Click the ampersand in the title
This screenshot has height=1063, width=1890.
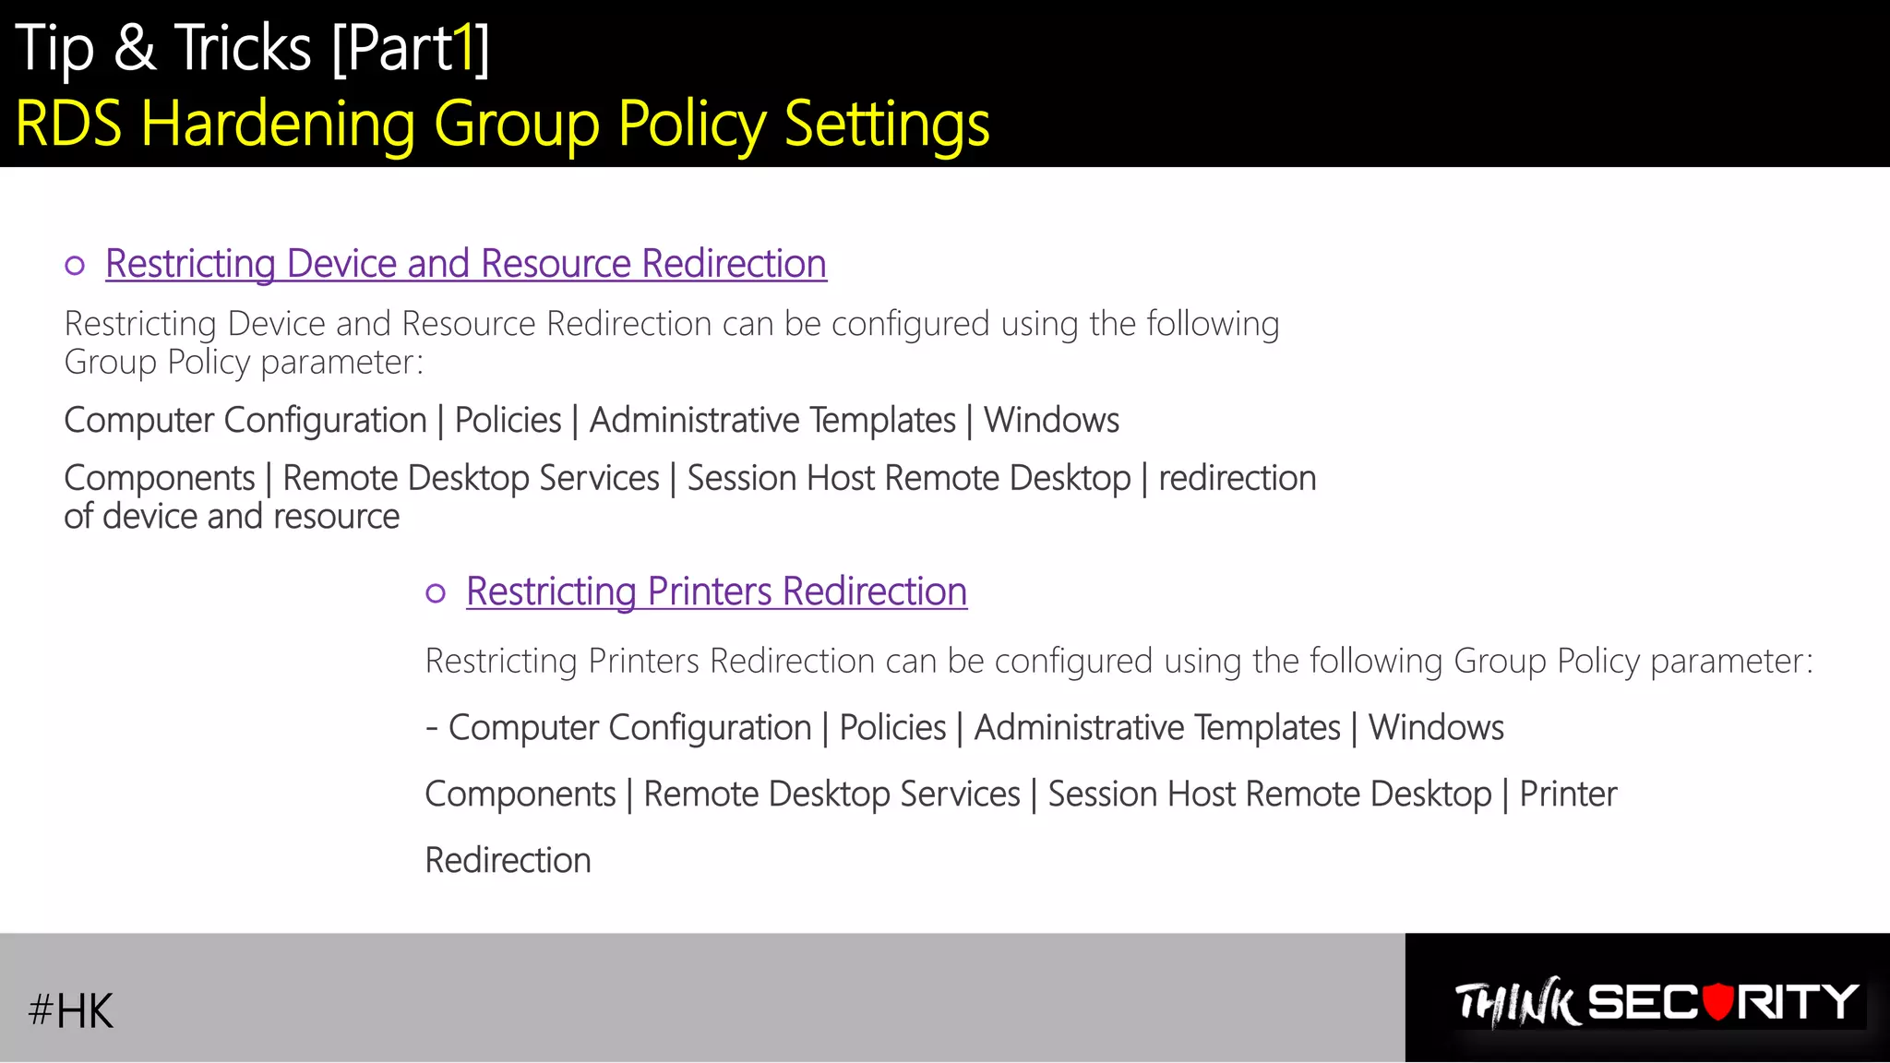point(135,48)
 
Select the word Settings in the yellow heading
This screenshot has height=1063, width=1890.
point(886,123)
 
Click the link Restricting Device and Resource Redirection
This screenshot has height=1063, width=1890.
point(466,264)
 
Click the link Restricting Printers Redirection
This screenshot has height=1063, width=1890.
point(716,591)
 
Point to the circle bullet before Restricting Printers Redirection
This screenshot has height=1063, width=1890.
point(436,593)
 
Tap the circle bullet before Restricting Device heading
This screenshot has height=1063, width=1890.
point(75,267)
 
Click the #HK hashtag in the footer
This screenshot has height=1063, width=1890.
point(70,1010)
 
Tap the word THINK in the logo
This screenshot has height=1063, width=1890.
point(1516,1003)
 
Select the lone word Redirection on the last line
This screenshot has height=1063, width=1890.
point(508,860)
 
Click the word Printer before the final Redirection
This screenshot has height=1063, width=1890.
point(1568,794)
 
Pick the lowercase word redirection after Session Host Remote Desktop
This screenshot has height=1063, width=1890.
point(1237,478)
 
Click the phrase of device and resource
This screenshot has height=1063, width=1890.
point(232,517)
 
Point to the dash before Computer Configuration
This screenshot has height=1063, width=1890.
point(431,728)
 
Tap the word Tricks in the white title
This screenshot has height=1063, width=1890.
point(244,48)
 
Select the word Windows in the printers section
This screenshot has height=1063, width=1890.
point(1435,728)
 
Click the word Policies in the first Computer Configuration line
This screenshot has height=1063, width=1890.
point(508,420)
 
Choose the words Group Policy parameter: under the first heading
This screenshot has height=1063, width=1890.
point(244,362)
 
